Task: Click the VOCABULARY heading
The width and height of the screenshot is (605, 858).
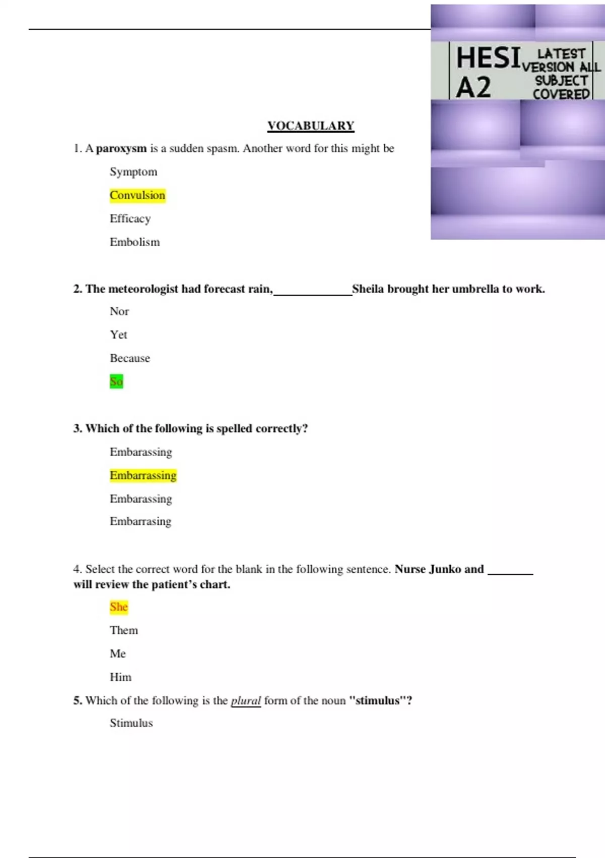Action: click(311, 126)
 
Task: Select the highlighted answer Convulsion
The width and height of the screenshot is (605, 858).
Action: click(138, 195)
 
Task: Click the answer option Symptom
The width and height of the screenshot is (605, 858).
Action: click(134, 172)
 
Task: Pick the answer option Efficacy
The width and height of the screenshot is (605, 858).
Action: click(130, 219)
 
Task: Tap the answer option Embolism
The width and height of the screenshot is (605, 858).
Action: click(135, 242)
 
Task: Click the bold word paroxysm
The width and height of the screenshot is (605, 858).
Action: click(121, 148)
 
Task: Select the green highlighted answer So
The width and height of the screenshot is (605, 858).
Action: click(116, 382)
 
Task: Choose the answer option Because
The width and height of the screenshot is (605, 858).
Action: click(130, 358)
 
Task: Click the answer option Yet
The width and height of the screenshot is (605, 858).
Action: click(118, 335)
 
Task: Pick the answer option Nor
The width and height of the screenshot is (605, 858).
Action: click(119, 311)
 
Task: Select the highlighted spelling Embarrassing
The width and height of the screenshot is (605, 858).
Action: click(143, 475)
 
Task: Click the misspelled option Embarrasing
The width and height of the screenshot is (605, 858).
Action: click(141, 521)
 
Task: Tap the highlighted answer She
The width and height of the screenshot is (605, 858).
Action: click(119, 607)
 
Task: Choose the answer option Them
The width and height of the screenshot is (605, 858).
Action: click(124, 630)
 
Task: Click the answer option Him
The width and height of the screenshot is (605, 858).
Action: click(120, 677)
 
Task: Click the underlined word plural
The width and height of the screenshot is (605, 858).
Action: click(246, 701)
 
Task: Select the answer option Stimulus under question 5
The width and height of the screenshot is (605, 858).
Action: click(131, 723)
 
